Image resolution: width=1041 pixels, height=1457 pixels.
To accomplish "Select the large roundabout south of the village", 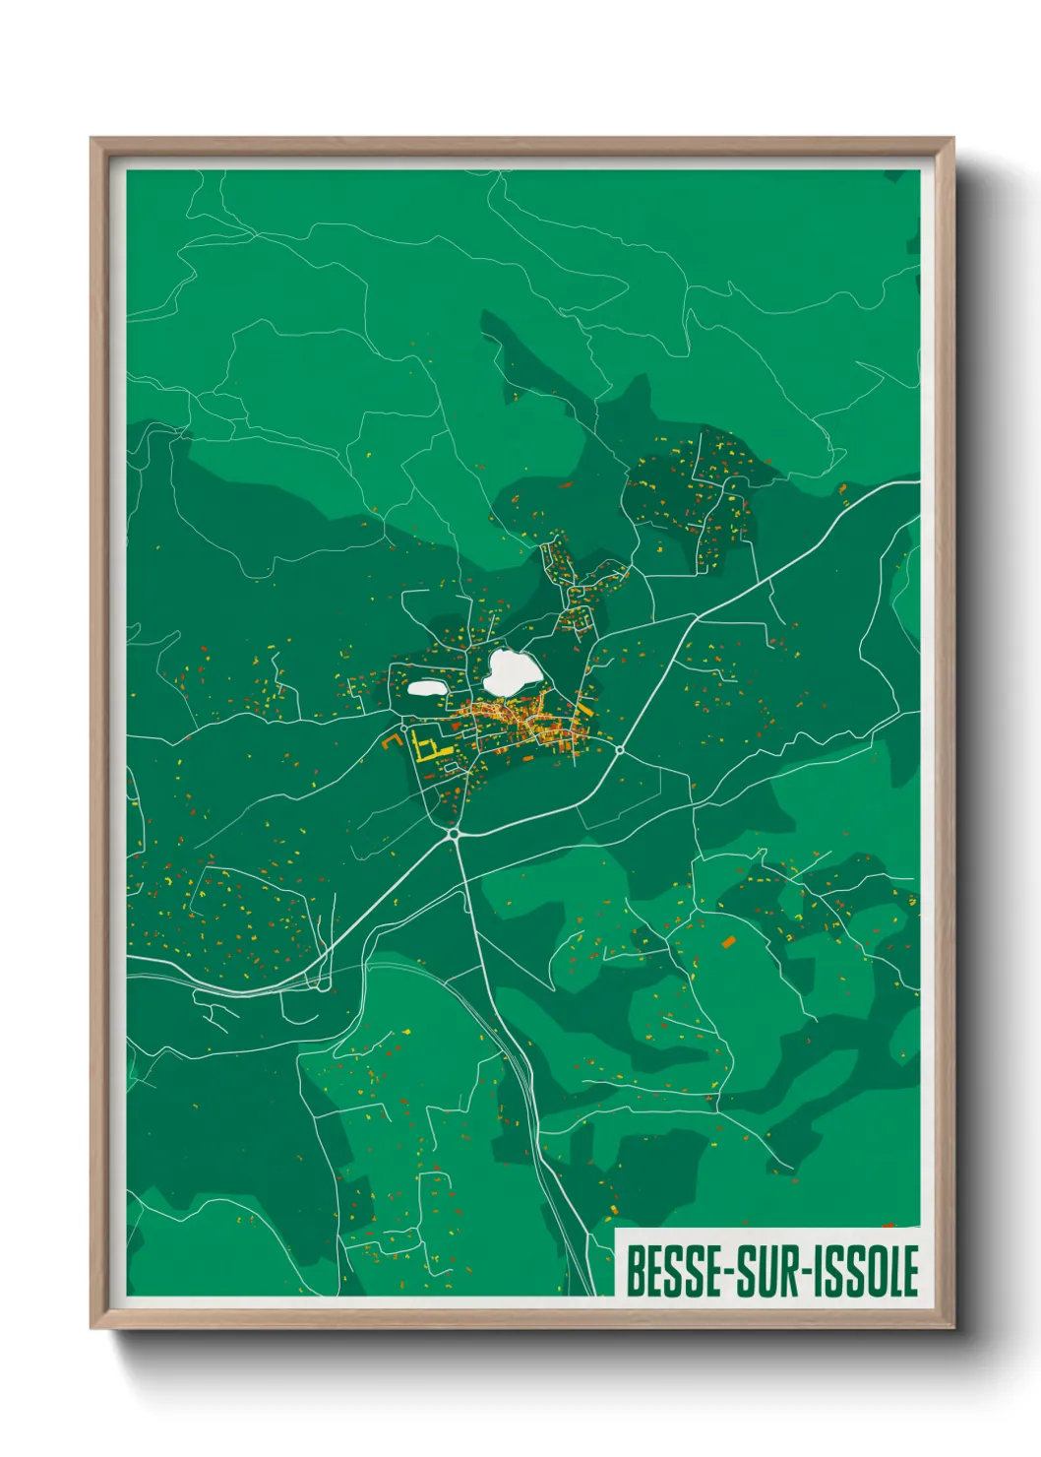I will pyautogui.click(x=454, y=834).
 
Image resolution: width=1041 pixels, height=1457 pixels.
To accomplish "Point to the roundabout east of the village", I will pyautogui.click(x=620, y=750).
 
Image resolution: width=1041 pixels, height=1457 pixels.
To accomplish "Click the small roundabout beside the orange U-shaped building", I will pyautogui.click(x=403, y=728).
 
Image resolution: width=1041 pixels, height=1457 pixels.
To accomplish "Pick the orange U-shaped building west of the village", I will pyautogui.click(x=392, y=741).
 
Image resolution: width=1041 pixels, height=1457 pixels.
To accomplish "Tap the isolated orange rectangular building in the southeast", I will pyautogui.click(x=729, y=942).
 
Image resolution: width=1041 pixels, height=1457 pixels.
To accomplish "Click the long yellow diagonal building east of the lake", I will pyautogui.click(x=582, y=708).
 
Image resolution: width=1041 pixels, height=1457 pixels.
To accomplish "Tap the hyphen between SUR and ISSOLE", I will pyautogui.click(x=803, y=1273).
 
